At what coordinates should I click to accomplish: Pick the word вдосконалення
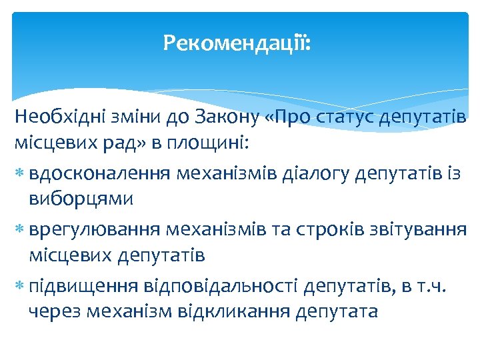pyautogui.click(x=101, y=174)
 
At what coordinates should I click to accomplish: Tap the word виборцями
pyautogui.click(x=81, y=199)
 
